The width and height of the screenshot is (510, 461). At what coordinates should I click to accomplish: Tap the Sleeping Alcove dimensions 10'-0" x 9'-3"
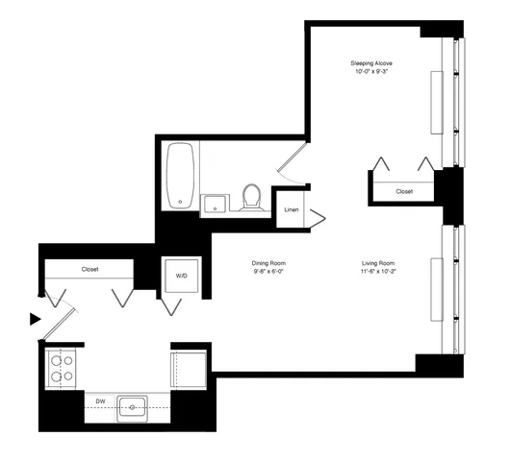pos(370,72)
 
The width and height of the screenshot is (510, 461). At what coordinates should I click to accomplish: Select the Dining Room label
pos(269,262)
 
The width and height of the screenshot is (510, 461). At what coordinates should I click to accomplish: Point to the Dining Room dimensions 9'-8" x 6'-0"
pos(269,271)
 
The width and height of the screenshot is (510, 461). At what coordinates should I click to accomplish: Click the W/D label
pos(180,276)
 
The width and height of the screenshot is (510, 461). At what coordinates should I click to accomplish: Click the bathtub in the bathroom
pos(181,175)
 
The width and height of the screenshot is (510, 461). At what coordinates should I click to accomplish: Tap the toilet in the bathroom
pos(252,197)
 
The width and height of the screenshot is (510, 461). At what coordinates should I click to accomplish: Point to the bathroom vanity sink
pos(215,204)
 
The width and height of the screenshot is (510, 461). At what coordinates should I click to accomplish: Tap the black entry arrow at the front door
pos(36,319)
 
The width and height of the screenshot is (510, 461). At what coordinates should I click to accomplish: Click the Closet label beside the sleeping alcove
pos(404,191)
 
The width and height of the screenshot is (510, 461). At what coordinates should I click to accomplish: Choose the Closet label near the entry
pos(89,270)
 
